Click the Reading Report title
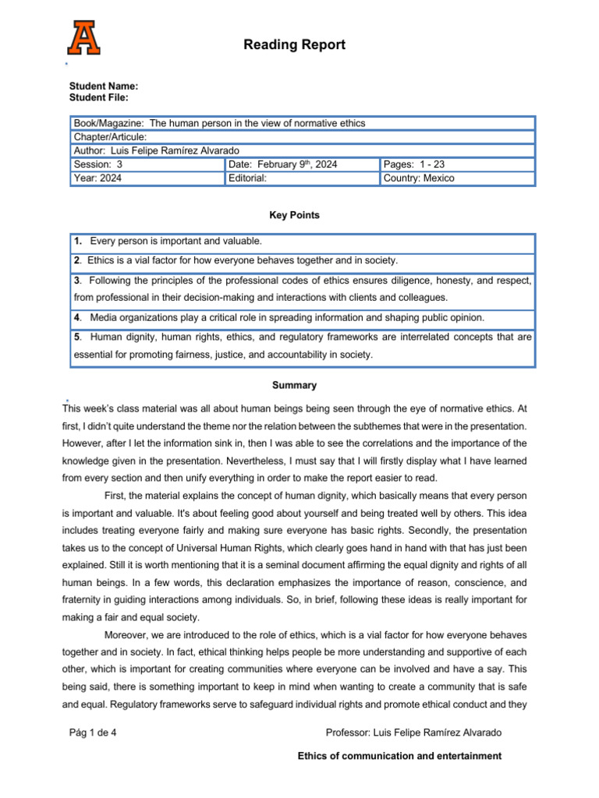(x=294, y=44)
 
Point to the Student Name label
(x=104, y=87)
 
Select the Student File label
(x=99, y=97)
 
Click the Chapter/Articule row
(x=110, y=137)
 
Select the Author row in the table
(x=168, y=150)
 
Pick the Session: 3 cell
(x=98, y=164)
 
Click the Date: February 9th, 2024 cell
(x=282, y=164)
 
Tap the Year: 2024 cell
(x=97, y=178)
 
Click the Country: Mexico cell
(x=419, y=178)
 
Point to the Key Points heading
(x=294, y=215)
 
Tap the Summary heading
(x=294, y=385)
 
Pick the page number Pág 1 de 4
(x=94, y=733)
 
